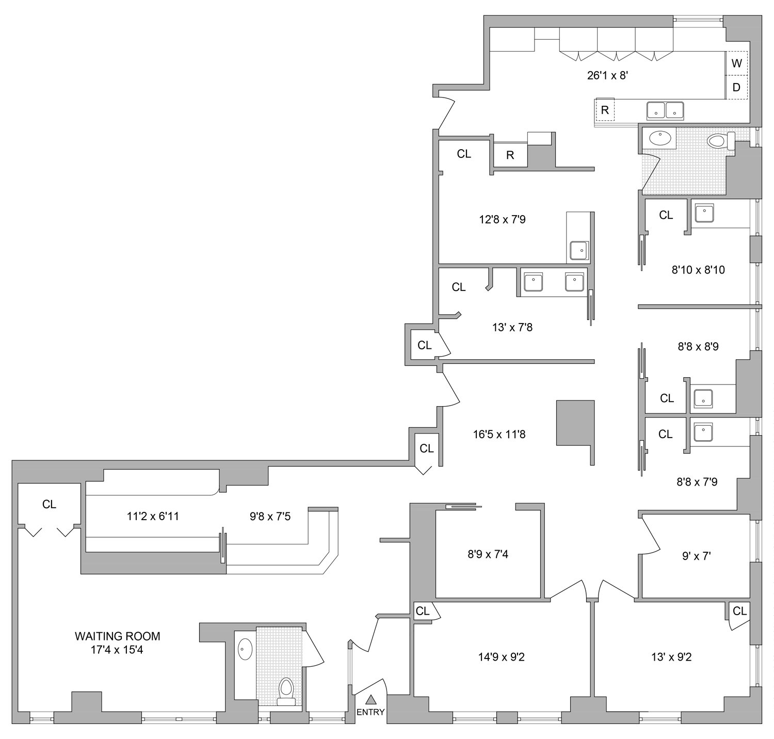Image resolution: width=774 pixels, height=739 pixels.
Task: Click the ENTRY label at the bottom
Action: (370, 712)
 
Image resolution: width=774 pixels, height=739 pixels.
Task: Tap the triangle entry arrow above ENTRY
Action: (370, 700)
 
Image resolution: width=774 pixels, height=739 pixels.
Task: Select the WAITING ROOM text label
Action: (117, 636)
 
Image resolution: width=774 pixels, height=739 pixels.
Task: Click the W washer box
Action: (736, 63)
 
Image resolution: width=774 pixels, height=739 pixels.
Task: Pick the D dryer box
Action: (736, 87)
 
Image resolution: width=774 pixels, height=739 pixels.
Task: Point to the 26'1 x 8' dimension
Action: (607, 75)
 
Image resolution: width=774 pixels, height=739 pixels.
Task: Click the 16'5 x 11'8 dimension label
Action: (499, 435)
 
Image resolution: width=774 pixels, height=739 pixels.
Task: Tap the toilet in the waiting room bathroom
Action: (285, 690)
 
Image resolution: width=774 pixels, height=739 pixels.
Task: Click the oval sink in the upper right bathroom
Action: (658, 138)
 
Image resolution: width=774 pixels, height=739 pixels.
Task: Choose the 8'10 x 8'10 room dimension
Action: (698, 269)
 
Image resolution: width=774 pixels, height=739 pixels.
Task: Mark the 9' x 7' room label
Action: (696, 556)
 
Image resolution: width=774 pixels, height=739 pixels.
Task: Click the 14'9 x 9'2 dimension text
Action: (501, 657)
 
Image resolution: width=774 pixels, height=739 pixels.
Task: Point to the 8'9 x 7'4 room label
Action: (488, 554)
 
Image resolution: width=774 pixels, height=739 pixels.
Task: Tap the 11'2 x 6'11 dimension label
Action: (153, 516)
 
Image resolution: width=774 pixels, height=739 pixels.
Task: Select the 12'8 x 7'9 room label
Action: (502, 220)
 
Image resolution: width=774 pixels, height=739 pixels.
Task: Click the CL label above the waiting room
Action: (49, 504)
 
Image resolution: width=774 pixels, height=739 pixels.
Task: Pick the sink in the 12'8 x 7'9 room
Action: (578, 250)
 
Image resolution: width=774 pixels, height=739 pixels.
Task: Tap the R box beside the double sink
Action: (605, 110)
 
